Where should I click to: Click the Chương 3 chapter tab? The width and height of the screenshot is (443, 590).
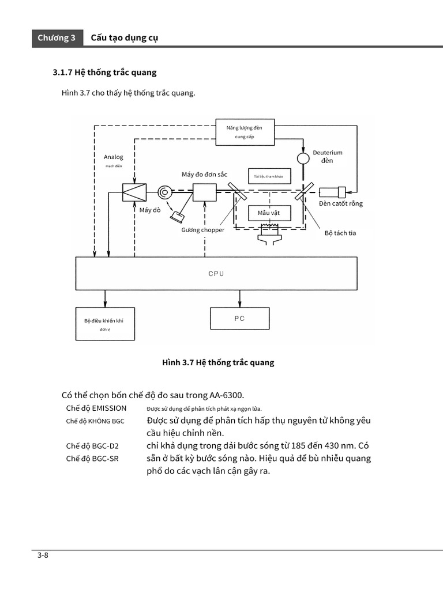click(x=57, y=38)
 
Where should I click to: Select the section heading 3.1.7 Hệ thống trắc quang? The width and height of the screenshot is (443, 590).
click(x=105, y=73)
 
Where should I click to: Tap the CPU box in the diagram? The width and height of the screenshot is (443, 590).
click(x=216, y=274)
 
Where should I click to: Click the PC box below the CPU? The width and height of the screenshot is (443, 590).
click(x=239, y=318)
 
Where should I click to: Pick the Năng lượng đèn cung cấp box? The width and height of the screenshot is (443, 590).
click(x=245, y=133)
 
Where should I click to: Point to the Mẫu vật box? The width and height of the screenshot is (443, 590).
click(x=269, y=213)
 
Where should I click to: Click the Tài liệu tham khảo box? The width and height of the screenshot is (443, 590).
click(x=269, y=176)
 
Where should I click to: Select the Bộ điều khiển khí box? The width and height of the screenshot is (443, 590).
click(x=104, y=324)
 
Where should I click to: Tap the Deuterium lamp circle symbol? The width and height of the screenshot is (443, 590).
click(x=303, y=157)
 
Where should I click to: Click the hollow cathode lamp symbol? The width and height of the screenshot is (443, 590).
click(x=334, y=192)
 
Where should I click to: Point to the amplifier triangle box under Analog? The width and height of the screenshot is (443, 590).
click(x=134, y=192)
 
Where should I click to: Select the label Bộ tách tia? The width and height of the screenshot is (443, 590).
click(x=340, y=233)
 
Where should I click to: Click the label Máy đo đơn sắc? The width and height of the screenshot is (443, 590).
click(x=204, y=174)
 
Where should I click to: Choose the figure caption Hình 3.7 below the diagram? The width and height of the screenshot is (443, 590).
click(x=218, y=362)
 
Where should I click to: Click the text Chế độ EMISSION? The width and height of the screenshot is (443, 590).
click(x=96, y=408)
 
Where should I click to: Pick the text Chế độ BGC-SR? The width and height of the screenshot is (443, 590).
click(x=92, y=459)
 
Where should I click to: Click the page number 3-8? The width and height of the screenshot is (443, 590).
click(x=42, y=555)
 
